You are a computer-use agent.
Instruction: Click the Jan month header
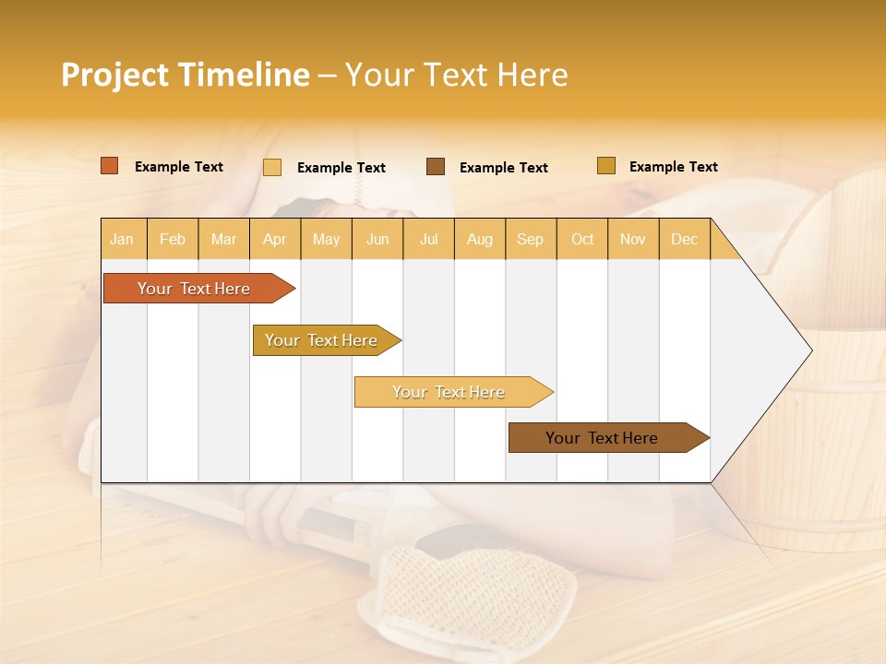click(x=122, y=239)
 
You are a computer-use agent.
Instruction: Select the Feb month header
click(x=173, y=239)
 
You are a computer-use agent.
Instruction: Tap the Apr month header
click(x=274, y=239)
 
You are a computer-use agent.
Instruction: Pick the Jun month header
click(x=377, y=239)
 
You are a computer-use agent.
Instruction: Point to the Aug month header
click(x=479, y=239)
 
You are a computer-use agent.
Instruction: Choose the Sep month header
click(x=530, y=239)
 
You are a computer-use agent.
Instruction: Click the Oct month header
click(x=582, y=239)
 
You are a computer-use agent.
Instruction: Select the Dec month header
click(x=684, y=239)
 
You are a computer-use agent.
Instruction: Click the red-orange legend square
click(x=110, y=166)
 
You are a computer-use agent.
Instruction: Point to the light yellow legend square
click(x=272, y=167)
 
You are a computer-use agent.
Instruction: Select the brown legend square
click(x=436, y=166)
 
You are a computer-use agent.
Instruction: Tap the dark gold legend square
click(x=606, y=166)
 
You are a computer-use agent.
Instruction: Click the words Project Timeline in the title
click(x=185, y=75)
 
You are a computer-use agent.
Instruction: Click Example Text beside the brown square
click(x=503, y=168)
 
